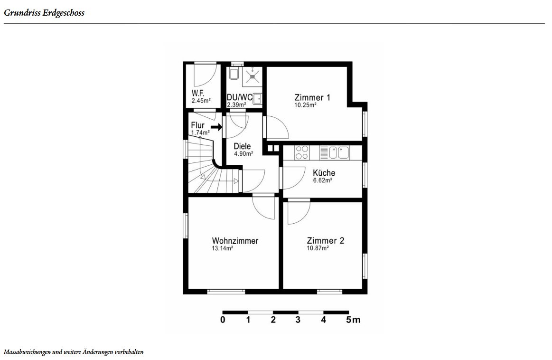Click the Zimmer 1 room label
click(x=312, y=97)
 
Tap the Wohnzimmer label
click(x=235, y=241)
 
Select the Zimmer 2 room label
click(x=326, y=241)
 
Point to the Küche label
click(x=324, y=173)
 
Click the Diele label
click(x=242, y=146)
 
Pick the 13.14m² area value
click(x=222, y=248)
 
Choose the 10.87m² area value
click(x=318, y=248)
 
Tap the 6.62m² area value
click(x=323, y=180)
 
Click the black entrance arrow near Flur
click(x=216, y=127)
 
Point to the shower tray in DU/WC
click(x=253, y=76)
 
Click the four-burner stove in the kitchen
click(x=302, y=152)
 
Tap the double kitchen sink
click(x=339, y=152)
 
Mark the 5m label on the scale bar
click(x=353, y=320)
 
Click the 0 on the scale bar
click(x=223, y=320)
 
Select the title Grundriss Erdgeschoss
click(x=44, y=13)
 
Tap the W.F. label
click(x=198, y=94)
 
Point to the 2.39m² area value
click(x=236, y=104)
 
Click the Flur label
click(x=197, y=125)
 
